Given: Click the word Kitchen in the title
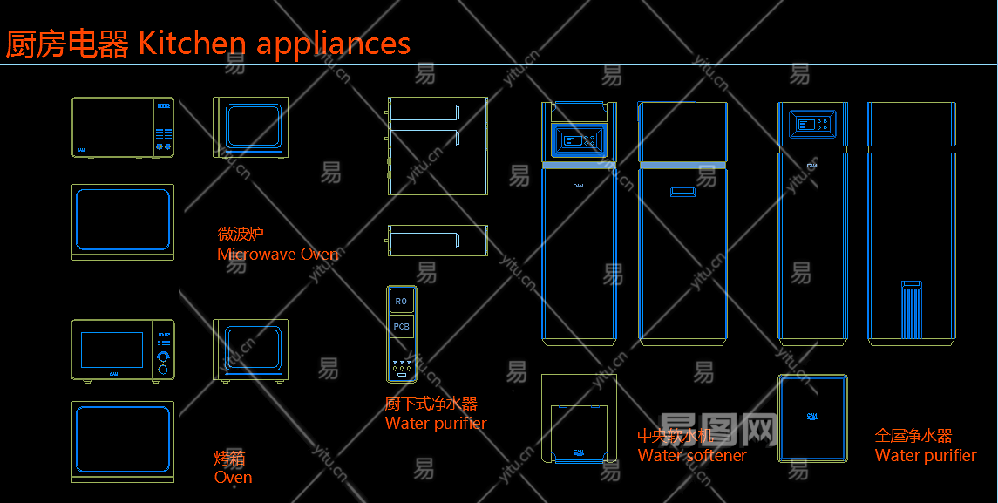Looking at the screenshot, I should click(191, 43).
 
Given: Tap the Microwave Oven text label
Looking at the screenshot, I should click(277, 255).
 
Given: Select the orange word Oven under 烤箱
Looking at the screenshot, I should click(233, 478).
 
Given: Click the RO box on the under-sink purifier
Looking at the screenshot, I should click(401, 302).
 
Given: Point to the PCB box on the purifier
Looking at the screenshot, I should click(401, 327).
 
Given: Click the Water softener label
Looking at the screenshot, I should click(692, 455).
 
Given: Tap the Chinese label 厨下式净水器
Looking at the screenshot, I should click(431, 404).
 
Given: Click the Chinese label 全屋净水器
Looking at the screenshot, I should click(913, 436).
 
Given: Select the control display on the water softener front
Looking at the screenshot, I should click(579, 139).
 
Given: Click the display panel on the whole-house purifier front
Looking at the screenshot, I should click(811, 124).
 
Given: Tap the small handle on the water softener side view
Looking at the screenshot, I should click(682, 192).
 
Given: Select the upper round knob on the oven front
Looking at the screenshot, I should click(163, 357).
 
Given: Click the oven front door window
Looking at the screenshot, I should click(112, 350).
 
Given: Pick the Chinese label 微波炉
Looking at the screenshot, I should click(240, 234).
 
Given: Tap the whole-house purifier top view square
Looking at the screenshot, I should click(812, 418).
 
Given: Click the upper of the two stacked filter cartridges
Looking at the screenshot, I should click(424, 112).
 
